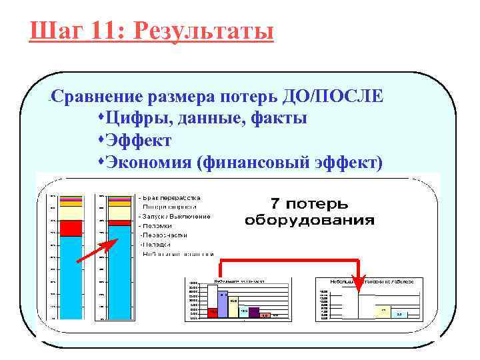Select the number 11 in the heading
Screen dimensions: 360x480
103,31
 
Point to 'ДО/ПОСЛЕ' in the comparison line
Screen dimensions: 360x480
342,97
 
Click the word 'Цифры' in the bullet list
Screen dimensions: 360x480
135,119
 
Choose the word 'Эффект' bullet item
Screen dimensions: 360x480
138,141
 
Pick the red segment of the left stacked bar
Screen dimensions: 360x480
70,228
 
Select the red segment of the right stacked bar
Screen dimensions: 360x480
119,223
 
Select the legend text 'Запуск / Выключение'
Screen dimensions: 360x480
175,216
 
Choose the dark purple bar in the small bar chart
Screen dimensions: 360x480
253,312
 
